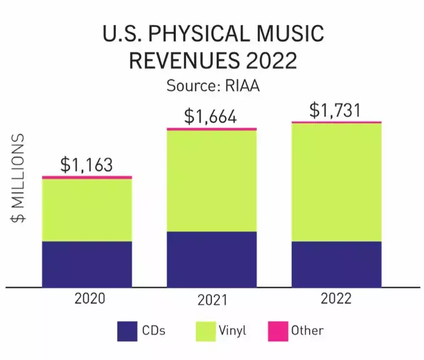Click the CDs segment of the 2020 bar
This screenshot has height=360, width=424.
(87, 264)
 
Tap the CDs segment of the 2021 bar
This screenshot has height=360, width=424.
(211, 259)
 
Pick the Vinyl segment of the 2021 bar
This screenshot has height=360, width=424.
(211, 181)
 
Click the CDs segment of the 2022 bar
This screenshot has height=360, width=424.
(336, 264)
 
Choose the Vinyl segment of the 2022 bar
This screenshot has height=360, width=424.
(336, 182)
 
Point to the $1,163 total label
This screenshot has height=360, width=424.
(86, 164)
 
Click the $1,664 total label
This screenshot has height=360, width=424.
(210, 117)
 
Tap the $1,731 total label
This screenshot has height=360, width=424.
(335, 110)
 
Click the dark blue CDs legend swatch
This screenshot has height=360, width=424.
(128, 331)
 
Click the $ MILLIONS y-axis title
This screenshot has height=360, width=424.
(19, 180)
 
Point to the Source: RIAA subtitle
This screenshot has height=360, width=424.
(212, 86)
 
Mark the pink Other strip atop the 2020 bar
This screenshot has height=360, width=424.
(87, 178)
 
